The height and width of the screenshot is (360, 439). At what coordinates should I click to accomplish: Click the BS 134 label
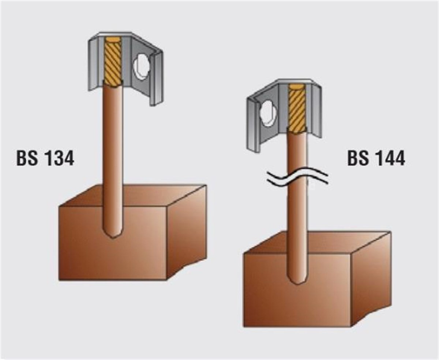pyautogui.click(x=45, y=158)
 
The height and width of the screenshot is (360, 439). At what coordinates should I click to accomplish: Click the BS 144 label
pyautogui.click(x=376, y=158)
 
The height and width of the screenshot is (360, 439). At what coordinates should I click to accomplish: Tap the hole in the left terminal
pyautogui.click(x=142, y=67)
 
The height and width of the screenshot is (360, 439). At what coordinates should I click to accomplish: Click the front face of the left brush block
pyautogui.click(x=113, y=243)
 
